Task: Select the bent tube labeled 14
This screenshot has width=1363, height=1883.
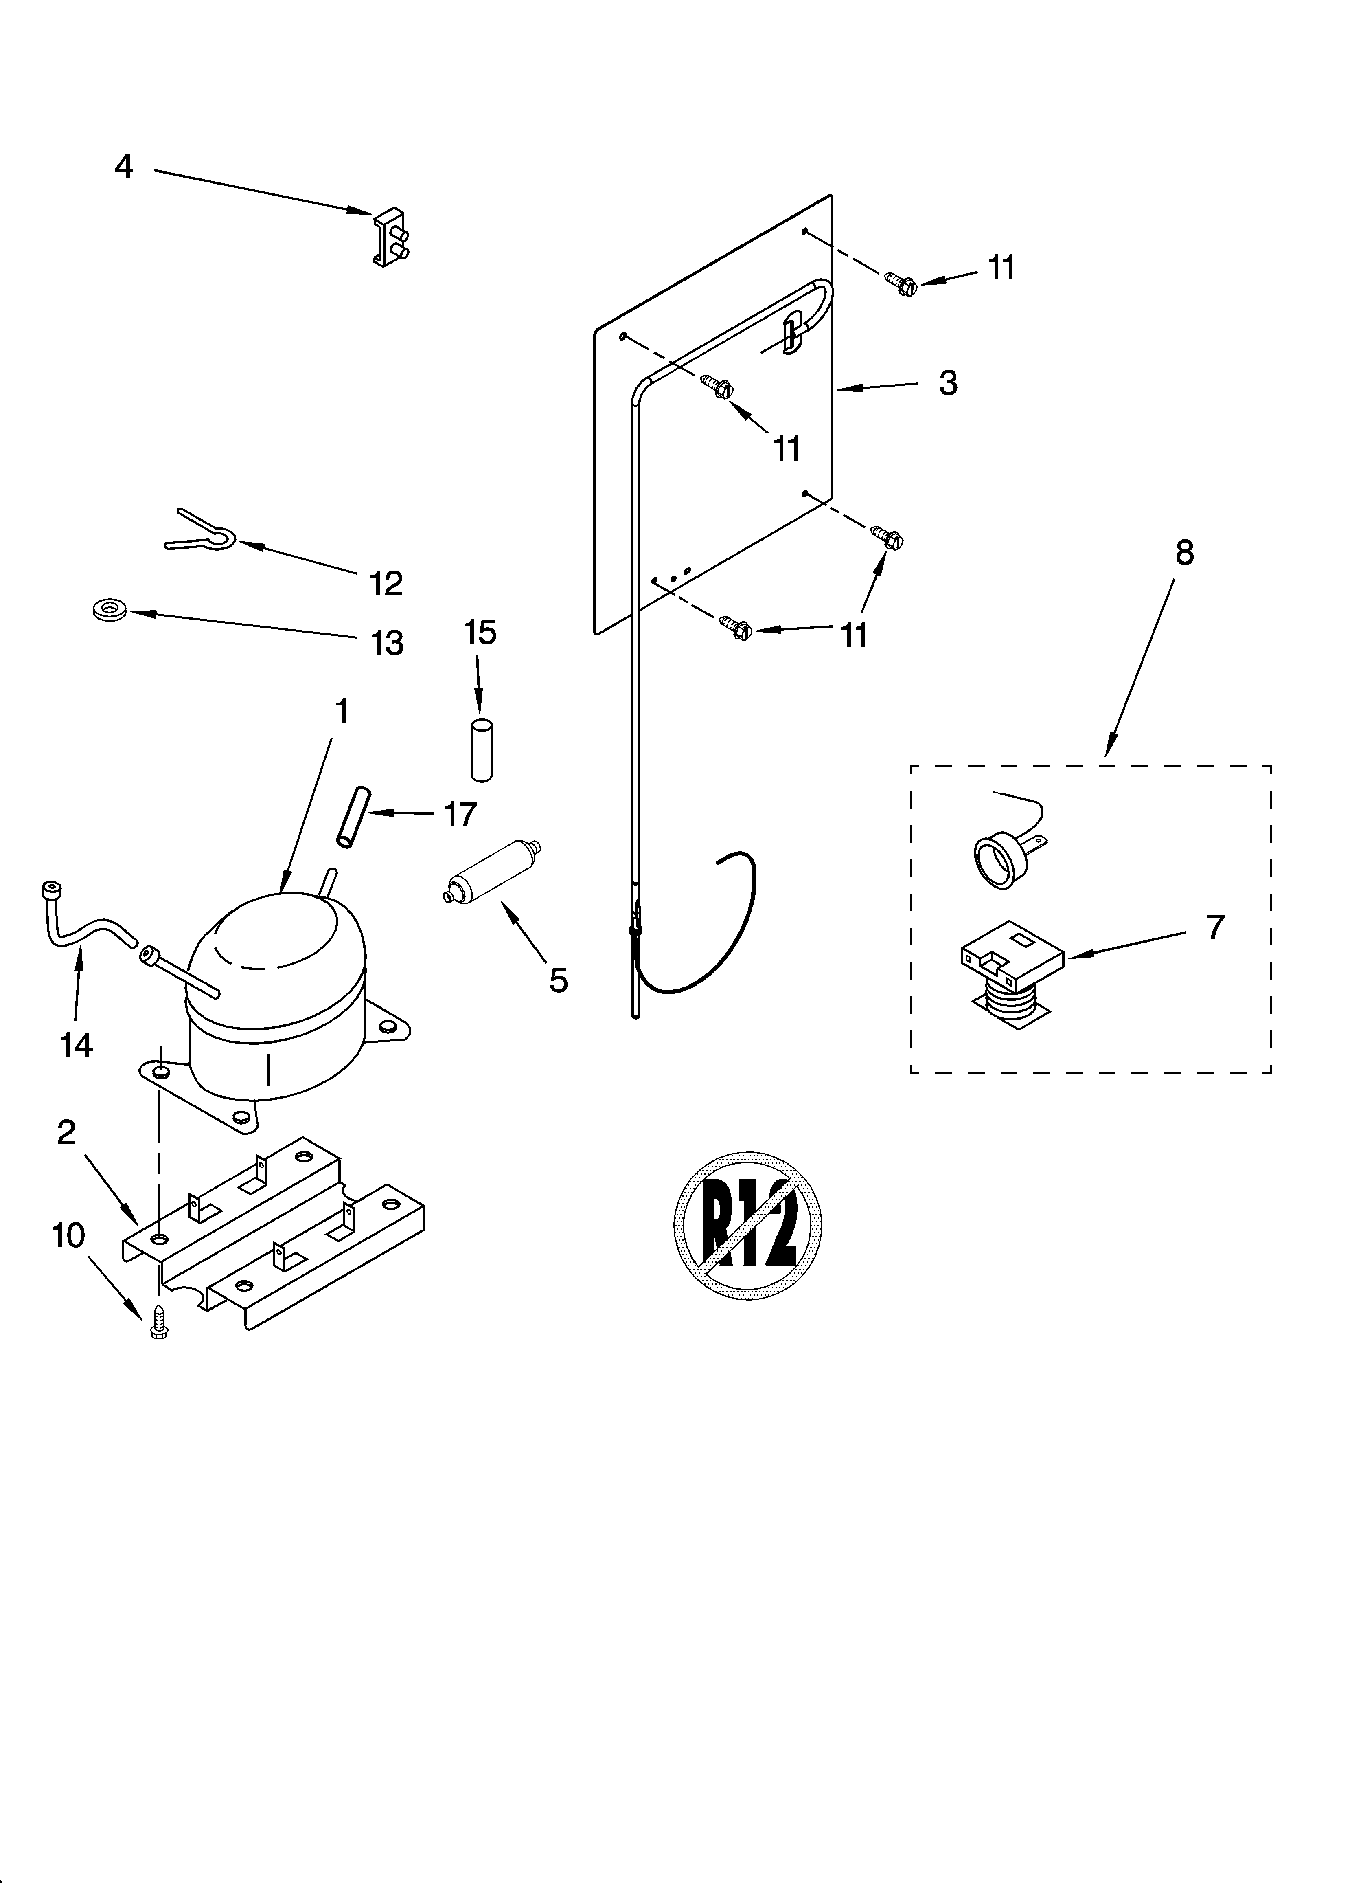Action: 87,922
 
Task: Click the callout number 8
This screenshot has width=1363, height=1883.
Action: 1184,552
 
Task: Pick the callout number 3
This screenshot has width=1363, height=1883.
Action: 948,383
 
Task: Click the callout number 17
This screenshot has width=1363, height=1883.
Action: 460,815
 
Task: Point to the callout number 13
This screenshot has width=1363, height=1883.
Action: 387,643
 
